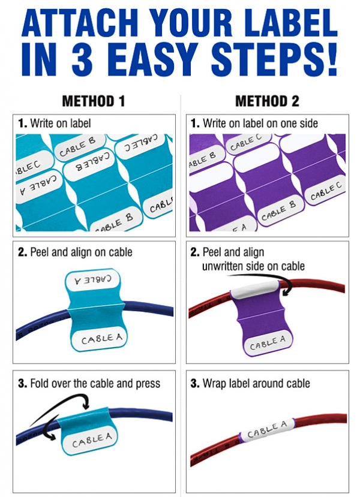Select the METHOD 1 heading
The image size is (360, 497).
94,101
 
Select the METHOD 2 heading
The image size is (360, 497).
267,101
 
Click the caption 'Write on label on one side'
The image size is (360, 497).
260,124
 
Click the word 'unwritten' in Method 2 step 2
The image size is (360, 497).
226,266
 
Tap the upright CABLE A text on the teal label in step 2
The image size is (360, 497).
101,339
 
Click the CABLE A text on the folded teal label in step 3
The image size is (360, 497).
92,441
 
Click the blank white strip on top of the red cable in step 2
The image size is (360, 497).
254,292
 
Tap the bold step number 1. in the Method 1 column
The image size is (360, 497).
23,124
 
